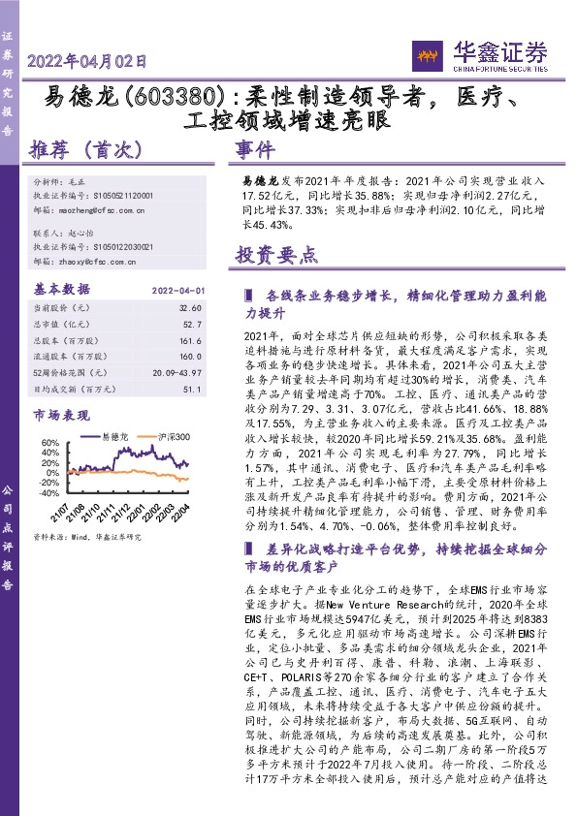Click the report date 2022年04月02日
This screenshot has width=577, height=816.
click(x=88, y=60)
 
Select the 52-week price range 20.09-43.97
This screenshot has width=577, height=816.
click(x=176, y=373)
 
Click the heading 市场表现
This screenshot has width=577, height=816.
click(x=60, y=415)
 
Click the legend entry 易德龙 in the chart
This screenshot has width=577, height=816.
click(x=114, y=438)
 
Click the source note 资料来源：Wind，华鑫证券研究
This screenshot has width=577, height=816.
click(x=87, y=536)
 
